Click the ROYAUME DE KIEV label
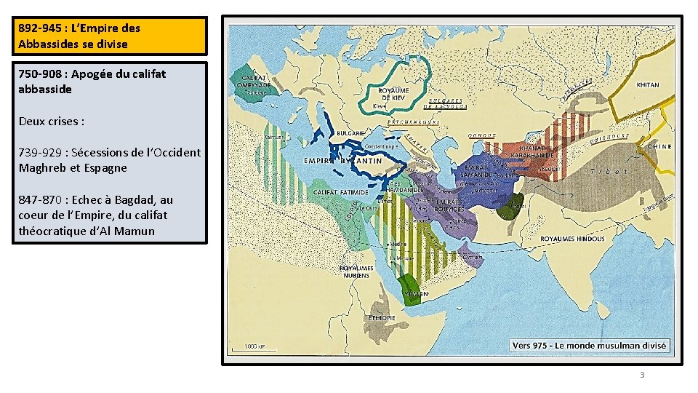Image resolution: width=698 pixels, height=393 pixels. (x=393, y=94)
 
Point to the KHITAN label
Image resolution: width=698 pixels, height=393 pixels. (x=647, y=85)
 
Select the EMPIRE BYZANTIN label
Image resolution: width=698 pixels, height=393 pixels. (x=343, y=161)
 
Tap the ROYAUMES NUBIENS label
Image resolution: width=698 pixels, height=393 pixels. (x=356, y=271)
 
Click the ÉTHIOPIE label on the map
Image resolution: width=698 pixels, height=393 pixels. (x=382, y=318)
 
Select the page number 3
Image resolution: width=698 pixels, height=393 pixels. (x=641, y=375)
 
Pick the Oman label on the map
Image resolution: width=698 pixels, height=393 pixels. (x=472, y=256)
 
